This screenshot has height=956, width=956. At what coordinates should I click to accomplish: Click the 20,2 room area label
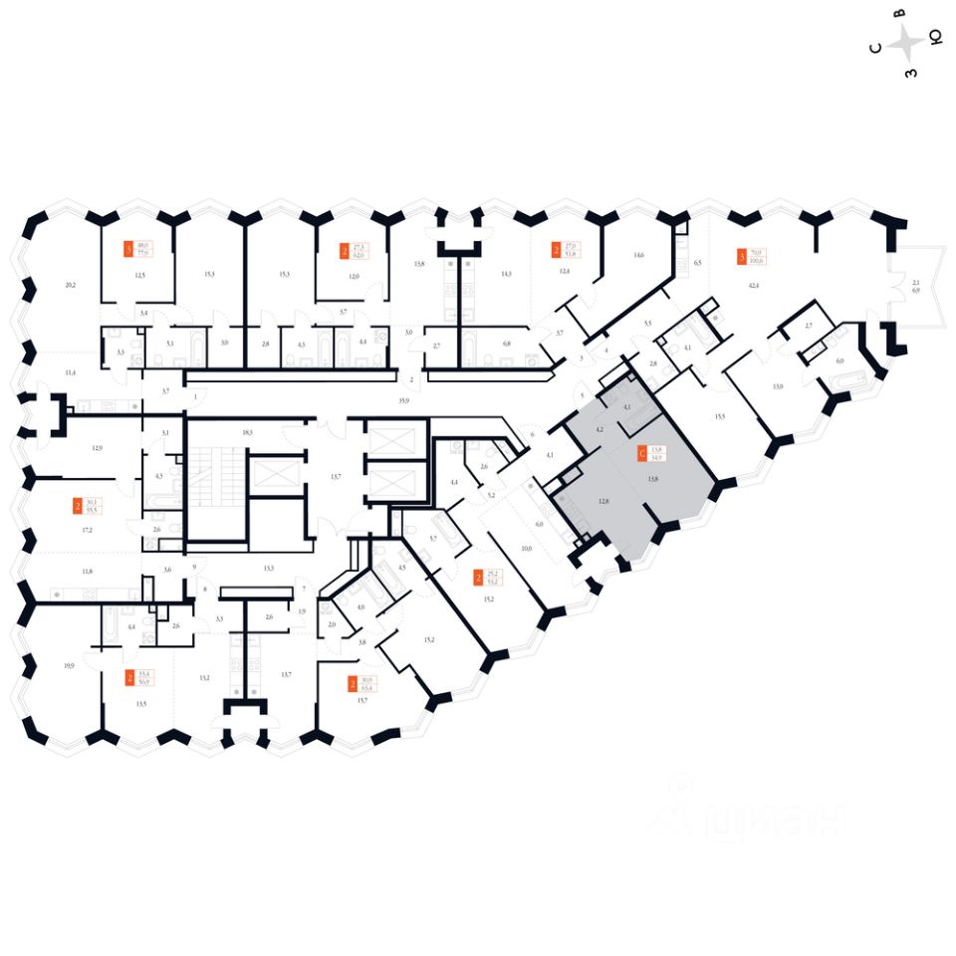click(x=70, y=286)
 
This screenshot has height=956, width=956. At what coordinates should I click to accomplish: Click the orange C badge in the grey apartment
click(x=641, y=453)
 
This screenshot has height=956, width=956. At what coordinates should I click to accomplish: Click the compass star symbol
click(x=906, y=43)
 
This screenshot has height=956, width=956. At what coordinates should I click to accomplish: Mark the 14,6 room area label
click(x=638, y=256)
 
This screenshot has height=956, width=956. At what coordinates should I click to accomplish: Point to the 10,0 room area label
click(x=526, y=549)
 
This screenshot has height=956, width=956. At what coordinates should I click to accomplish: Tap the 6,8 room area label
click(x=506, y=345)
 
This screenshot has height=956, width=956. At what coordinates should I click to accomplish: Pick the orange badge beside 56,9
click(x=130, y=678)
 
